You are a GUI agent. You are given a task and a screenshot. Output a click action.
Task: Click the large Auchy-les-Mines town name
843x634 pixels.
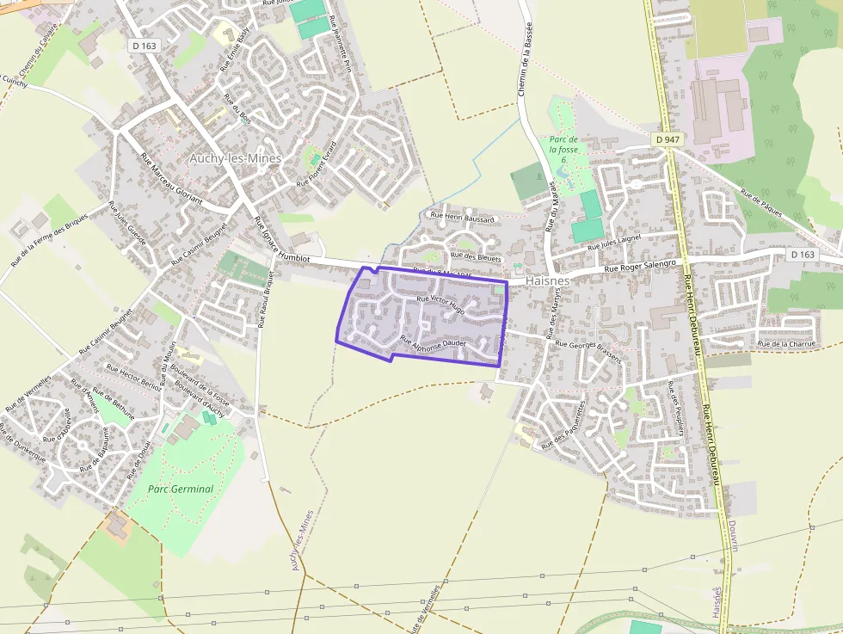click(x=235, y=159)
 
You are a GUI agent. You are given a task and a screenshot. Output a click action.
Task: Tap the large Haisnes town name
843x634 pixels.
click(x=546, y=280)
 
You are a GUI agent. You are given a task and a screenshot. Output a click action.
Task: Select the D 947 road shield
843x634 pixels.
click(x=667, y=139)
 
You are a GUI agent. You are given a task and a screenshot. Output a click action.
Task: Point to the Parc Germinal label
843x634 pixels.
click(x=181, y=489)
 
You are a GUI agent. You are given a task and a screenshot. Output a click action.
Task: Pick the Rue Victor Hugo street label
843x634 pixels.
click(x=440, y=305)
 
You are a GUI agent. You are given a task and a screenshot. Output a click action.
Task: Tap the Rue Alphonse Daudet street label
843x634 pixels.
click(x=433, y=342)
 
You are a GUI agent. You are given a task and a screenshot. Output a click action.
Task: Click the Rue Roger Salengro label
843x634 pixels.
click(x=641, y=267)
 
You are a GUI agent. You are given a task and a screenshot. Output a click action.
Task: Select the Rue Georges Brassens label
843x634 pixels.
click(x=588, y=350)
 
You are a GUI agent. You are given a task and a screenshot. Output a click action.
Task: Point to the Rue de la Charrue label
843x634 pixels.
click(x=785, y=344)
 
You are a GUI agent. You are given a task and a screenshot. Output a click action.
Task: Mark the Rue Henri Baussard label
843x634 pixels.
click(x=462, y=219)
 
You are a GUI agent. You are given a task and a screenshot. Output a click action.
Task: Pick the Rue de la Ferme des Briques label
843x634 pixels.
click(x=49, y=238)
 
